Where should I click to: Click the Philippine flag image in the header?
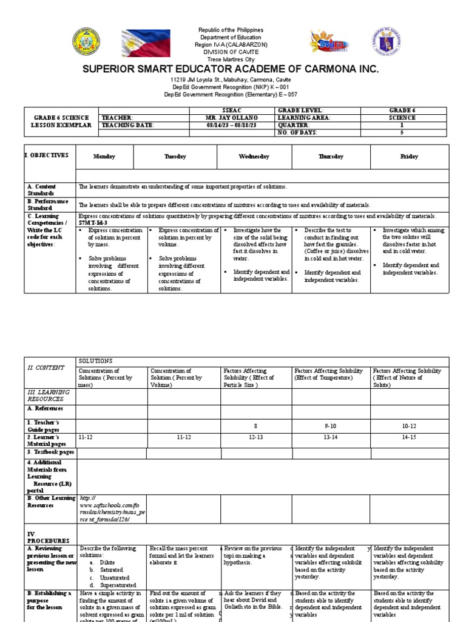(x=147, y=44)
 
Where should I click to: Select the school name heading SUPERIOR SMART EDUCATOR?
(x=234, y=69)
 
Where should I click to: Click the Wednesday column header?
(x=254, y=157)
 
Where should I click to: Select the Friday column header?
(x=409, y=157)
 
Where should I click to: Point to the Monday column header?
(x=104, y=157)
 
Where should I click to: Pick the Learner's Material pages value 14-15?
(x=409, y=436)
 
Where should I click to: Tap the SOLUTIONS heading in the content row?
(x=93, y=361)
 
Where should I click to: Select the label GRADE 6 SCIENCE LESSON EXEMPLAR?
(x=61, y=121)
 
